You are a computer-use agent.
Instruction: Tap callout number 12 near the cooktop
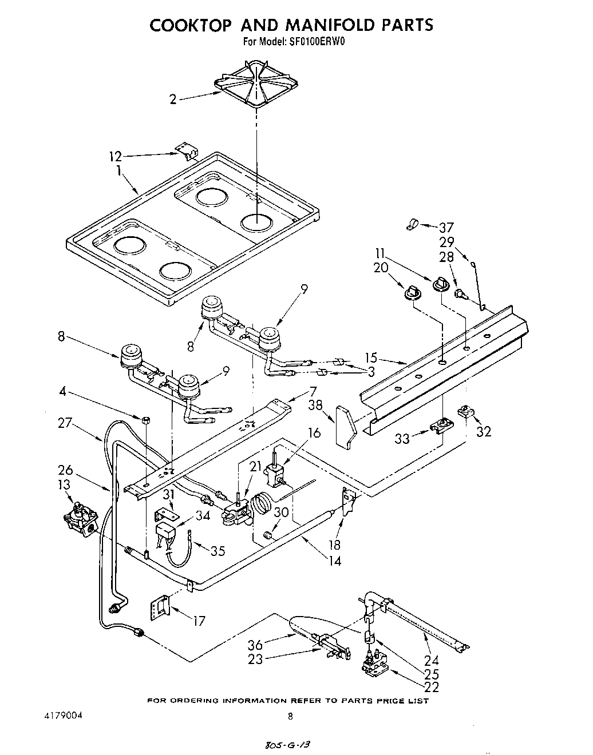(x=116, y=156)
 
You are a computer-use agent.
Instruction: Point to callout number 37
(x=446, y=227)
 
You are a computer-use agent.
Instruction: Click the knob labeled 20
(x=412, y=293)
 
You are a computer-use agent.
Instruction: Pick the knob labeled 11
(x=441, y=283)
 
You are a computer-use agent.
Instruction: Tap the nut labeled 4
(x=145, y=420)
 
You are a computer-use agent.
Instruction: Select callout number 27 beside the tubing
(x=65, y=423)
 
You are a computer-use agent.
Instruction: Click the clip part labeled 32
(x=467, y=411)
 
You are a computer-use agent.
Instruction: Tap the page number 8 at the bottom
(x=291, y=716)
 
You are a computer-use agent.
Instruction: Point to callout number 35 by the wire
(x=218, y=551)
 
